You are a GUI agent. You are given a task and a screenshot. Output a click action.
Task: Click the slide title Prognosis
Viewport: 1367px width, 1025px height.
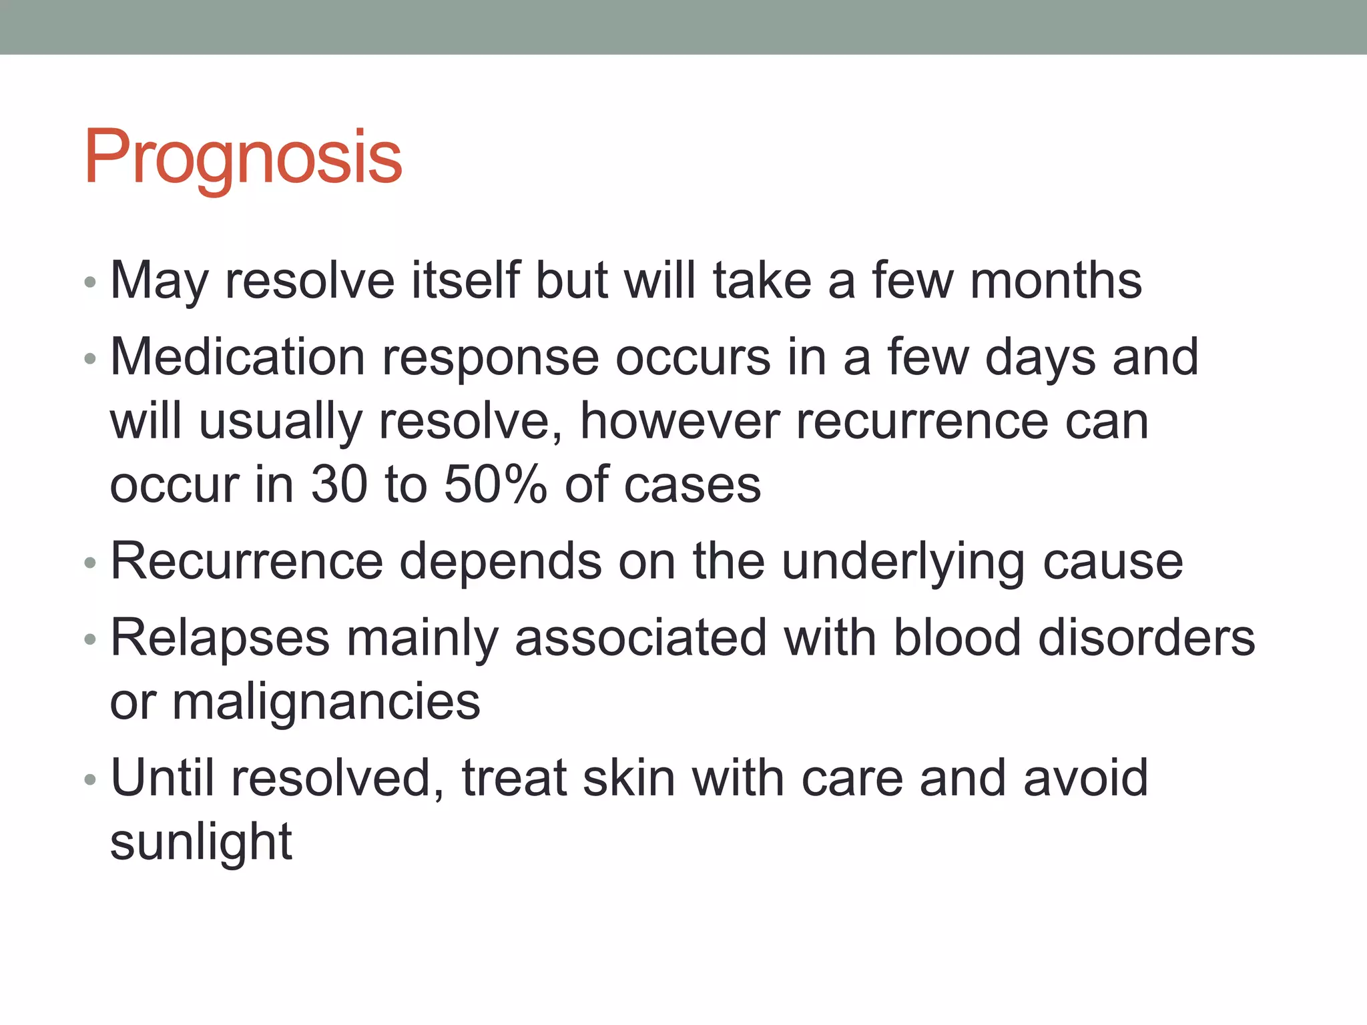[x=243, y=157]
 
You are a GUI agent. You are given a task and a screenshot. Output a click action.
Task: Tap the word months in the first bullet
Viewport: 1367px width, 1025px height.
[x=1055, y=280]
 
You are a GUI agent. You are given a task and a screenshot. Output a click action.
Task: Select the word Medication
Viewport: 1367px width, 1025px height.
[x=238, y=357]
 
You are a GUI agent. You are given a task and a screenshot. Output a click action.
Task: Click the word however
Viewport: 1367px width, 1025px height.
[x=679, y=421]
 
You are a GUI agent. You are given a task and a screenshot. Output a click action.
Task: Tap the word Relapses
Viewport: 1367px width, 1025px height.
[x=220, y=638]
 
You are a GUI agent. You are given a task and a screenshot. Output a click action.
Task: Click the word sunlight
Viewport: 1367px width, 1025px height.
[x=201, y=842]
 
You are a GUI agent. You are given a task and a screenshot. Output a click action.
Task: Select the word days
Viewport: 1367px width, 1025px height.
[x=1040, y=357]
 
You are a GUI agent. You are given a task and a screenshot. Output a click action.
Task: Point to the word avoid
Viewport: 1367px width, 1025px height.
[x=1085, y=778]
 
